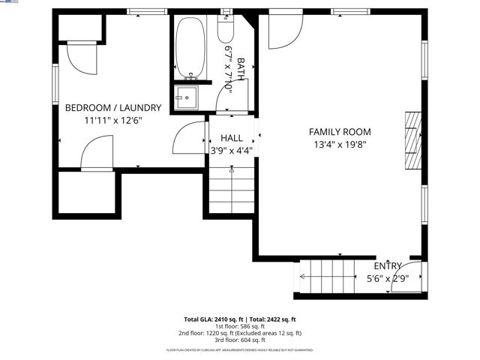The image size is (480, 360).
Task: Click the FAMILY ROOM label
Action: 340,132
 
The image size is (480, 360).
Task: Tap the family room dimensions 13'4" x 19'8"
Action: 340,145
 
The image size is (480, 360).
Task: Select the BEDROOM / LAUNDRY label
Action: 112,107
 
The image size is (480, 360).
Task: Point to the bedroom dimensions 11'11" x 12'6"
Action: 112,120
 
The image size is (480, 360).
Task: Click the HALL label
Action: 231,138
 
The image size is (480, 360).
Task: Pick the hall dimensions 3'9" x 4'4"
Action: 231,150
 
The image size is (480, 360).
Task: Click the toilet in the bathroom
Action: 225,30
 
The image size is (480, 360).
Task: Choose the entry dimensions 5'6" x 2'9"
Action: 387,279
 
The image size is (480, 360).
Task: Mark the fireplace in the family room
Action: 413,142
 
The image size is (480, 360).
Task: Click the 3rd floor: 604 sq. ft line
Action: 240,339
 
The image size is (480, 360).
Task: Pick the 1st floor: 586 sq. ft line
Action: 240,326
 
